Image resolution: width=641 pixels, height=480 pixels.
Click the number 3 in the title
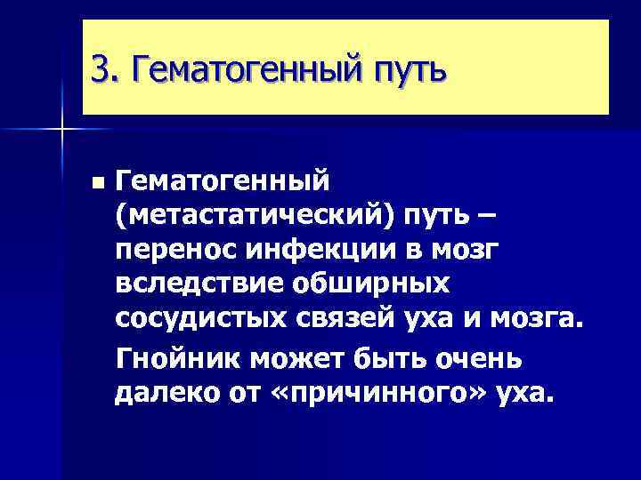[x=101, y=68]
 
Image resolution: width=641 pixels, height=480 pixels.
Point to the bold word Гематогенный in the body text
[x=223, y=181]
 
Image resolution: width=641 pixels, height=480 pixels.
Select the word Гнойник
[x=176, y=357]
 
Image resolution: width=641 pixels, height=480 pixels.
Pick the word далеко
[x=162, y=392]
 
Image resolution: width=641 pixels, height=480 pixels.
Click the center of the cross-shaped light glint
[x=62, y=130]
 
